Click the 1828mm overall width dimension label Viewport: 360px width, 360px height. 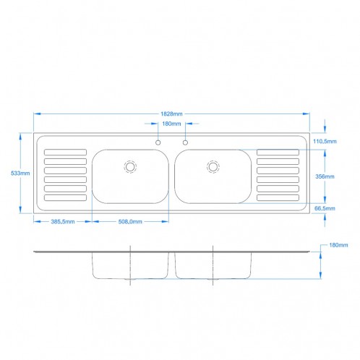pyautogui.click(x=171, y=113)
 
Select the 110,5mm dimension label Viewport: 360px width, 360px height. pyautogui.click(x=325, y=142)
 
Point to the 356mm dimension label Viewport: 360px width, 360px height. pyautogui.click(x=325, y=176)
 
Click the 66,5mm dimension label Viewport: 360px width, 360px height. pyautogui.click(x=325, y=207)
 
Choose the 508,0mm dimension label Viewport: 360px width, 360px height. pyautogui.click(x=131, y=222)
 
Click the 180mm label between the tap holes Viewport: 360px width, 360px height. pyautogui.click(x=171, y=124)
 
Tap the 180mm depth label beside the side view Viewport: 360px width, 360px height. pyautogui.click(x=338, y=245)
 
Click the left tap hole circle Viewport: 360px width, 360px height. pyautogui.click(x=158, y=142)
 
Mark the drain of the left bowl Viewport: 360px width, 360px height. pyautogui.click(x=130, y=166)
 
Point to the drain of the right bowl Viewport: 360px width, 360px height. pyautogui.click(x=213, y=166)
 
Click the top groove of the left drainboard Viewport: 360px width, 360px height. pyautogui.click(x=65, y=152)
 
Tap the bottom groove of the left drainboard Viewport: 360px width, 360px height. pyautogui.click(x=65, y=197)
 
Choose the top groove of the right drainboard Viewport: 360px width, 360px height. pyautogui.click(x=278, y=152)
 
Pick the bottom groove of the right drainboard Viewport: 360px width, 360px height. pyautogui.click(x=278, y=197)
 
